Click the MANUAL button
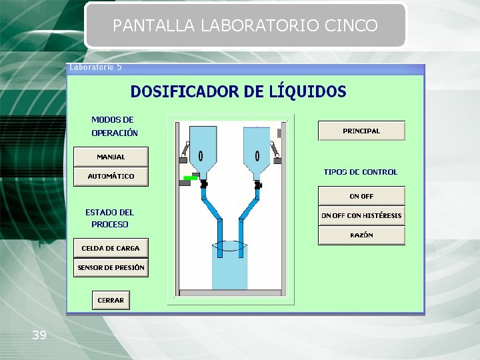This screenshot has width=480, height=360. click(x=111, y=157)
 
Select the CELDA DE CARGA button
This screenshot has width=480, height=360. click(x=111, y=248)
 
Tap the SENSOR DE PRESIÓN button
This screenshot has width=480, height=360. click(x=111, y=267)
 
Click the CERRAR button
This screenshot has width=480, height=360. click(x=111, y=300)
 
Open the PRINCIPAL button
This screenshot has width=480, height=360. click(x=361, y=131)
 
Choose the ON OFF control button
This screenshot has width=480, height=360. click(x=361, y=196)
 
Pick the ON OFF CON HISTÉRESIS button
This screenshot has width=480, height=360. click(x=361, y=215)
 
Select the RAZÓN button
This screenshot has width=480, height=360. click(x=361, y=235)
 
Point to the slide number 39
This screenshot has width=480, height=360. click(x=39, y=335)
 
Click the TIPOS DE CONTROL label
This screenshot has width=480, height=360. click(x=360, y=172)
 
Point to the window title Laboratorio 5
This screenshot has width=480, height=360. click(x=96, y=67)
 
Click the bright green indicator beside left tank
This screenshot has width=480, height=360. click(x=189, y=178)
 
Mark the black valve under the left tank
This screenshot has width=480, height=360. click(x=203, y=183)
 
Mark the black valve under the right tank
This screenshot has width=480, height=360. click(x=258, y=183)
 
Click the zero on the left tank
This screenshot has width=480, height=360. click(x=201, y=156)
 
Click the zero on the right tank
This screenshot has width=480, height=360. click(x=257, y=156)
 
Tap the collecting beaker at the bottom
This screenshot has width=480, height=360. click(x=229, y=267)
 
